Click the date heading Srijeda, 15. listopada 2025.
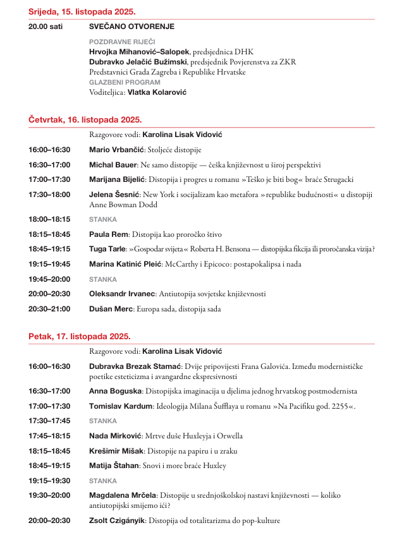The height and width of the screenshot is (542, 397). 82,12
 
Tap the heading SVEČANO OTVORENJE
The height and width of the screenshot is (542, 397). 131,27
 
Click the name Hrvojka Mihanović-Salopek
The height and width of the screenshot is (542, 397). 135,52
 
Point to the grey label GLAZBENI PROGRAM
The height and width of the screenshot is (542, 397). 125,82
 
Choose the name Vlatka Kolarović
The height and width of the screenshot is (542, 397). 157,92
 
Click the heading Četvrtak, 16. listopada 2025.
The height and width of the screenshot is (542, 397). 85,119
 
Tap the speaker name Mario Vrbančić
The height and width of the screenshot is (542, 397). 117,150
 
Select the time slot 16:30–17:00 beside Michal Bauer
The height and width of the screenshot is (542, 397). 49,165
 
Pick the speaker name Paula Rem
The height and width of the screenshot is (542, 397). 109,234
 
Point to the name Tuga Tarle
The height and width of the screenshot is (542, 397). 107,249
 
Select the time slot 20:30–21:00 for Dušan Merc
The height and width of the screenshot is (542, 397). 49,309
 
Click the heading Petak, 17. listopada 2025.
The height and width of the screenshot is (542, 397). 79,336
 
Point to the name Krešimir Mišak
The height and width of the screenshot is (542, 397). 116,451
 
